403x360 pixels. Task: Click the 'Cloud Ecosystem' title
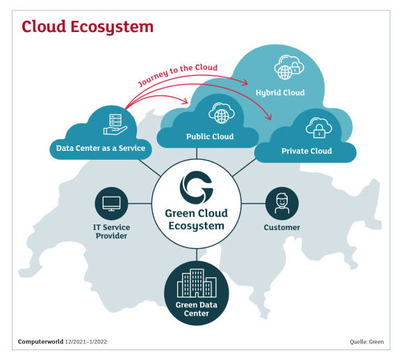coord(88,27)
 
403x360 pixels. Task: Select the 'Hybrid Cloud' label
coord(280,92)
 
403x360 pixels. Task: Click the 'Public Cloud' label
coord(210,136)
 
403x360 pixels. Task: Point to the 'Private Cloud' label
coord(306,151)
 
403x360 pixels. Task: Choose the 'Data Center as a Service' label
coord(101,148)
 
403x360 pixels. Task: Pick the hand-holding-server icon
coord(115,124)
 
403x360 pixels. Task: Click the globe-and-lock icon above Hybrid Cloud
coord(289,67)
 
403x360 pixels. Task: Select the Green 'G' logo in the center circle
coord(197,187)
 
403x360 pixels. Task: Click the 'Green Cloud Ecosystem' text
coord(197,220)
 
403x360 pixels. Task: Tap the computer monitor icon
coord(111,204)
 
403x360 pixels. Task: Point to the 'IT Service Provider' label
coord(111,231)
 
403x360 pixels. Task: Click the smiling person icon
coord(282,204)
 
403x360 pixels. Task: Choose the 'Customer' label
coord(282,227)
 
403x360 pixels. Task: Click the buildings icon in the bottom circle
coord(197,283)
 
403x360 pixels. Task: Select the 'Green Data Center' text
coord(197,309)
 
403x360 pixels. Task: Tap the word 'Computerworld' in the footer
coord(40,342)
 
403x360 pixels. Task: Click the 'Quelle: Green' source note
coord(366,342)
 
